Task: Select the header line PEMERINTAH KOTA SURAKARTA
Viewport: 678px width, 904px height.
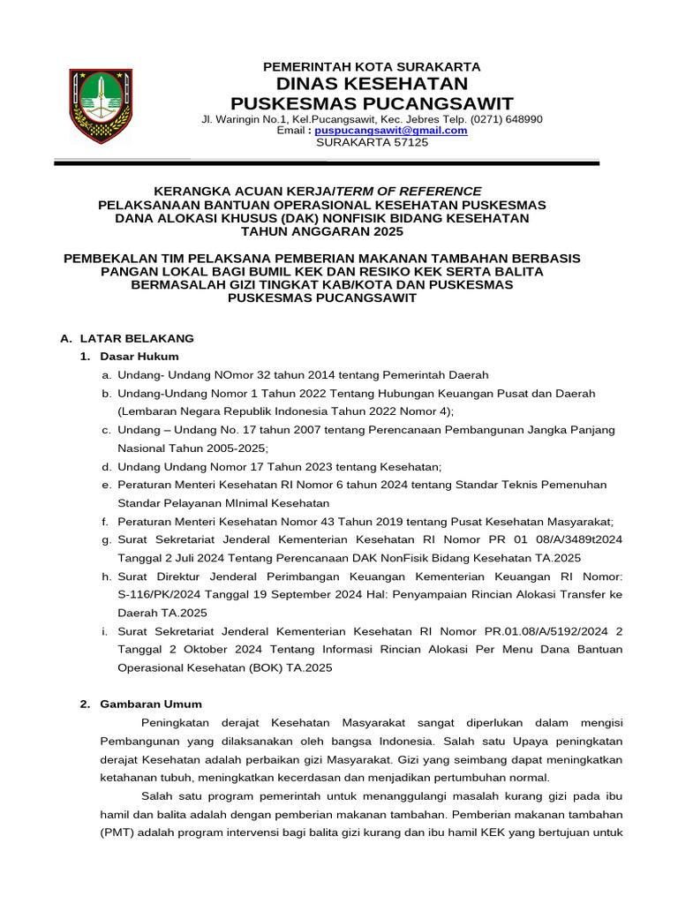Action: coord(372,66)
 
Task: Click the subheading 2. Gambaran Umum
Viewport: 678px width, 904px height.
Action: coord(140,704)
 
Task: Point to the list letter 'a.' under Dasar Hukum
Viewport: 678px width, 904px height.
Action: coord(106,375)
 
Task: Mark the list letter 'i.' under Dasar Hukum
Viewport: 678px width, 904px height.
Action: coord(106,631)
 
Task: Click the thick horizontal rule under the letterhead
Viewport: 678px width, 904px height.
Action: coord(327,163)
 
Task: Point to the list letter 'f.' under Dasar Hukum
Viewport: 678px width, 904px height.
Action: coord(106,522)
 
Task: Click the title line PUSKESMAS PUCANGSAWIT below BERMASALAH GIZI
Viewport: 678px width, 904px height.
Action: coord(322,298)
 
